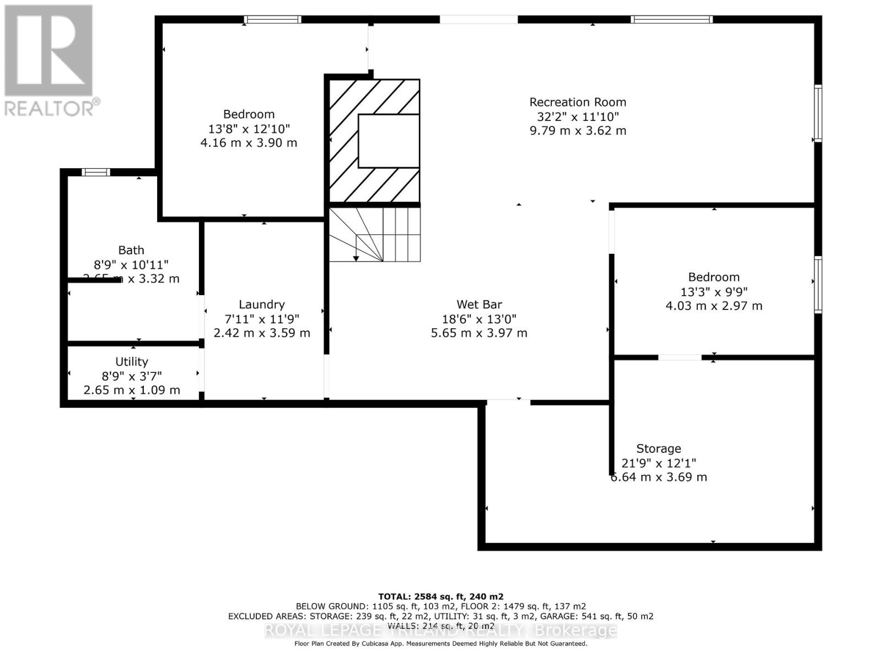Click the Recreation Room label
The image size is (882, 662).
[x=578, y=102]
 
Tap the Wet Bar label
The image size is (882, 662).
[x=479, y=305]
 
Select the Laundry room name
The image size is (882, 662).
[x=262, y=305]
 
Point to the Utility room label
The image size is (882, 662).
[x=132, y=361]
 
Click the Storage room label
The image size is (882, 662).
[x=658, y=449]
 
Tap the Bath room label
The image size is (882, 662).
[x=131, y=250]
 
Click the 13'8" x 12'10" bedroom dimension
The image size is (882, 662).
[x=249, y=129]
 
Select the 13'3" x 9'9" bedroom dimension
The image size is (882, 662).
[x=714, y=292]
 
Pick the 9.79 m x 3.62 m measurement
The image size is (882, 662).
[x=578, y=131]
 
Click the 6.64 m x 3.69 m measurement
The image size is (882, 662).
[x=658, y=477]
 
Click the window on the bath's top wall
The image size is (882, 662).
[x=96, y=172]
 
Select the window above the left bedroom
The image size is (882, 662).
[x=273, y=19]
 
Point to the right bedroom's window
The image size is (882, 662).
[x=818, y=284]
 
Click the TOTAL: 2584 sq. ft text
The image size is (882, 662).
[x=440, y=596]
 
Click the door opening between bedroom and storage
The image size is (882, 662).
[x=680, y=357]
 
